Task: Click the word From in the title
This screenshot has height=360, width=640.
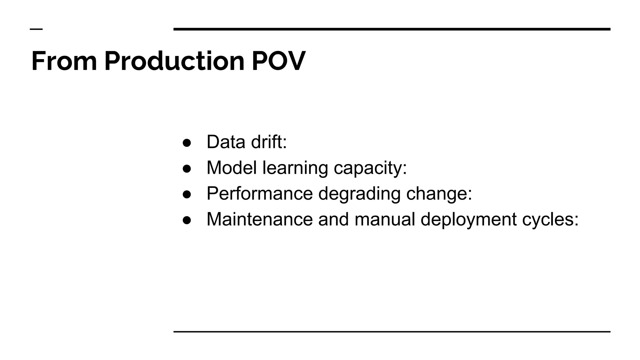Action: click(x=64, y=61)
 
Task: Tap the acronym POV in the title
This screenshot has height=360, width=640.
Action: click(x=278, y=61)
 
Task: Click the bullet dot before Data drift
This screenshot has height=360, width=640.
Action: click(x=187, y=143)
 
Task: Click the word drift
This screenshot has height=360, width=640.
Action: click(x=269, y=142)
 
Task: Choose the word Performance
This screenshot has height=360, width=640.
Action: click(x=259, y=193)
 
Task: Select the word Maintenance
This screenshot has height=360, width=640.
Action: click(x=259, y=219)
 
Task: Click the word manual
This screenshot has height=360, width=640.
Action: click(x=385, y=219)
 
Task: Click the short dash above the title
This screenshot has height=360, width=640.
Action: click(x=36, y=29)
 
